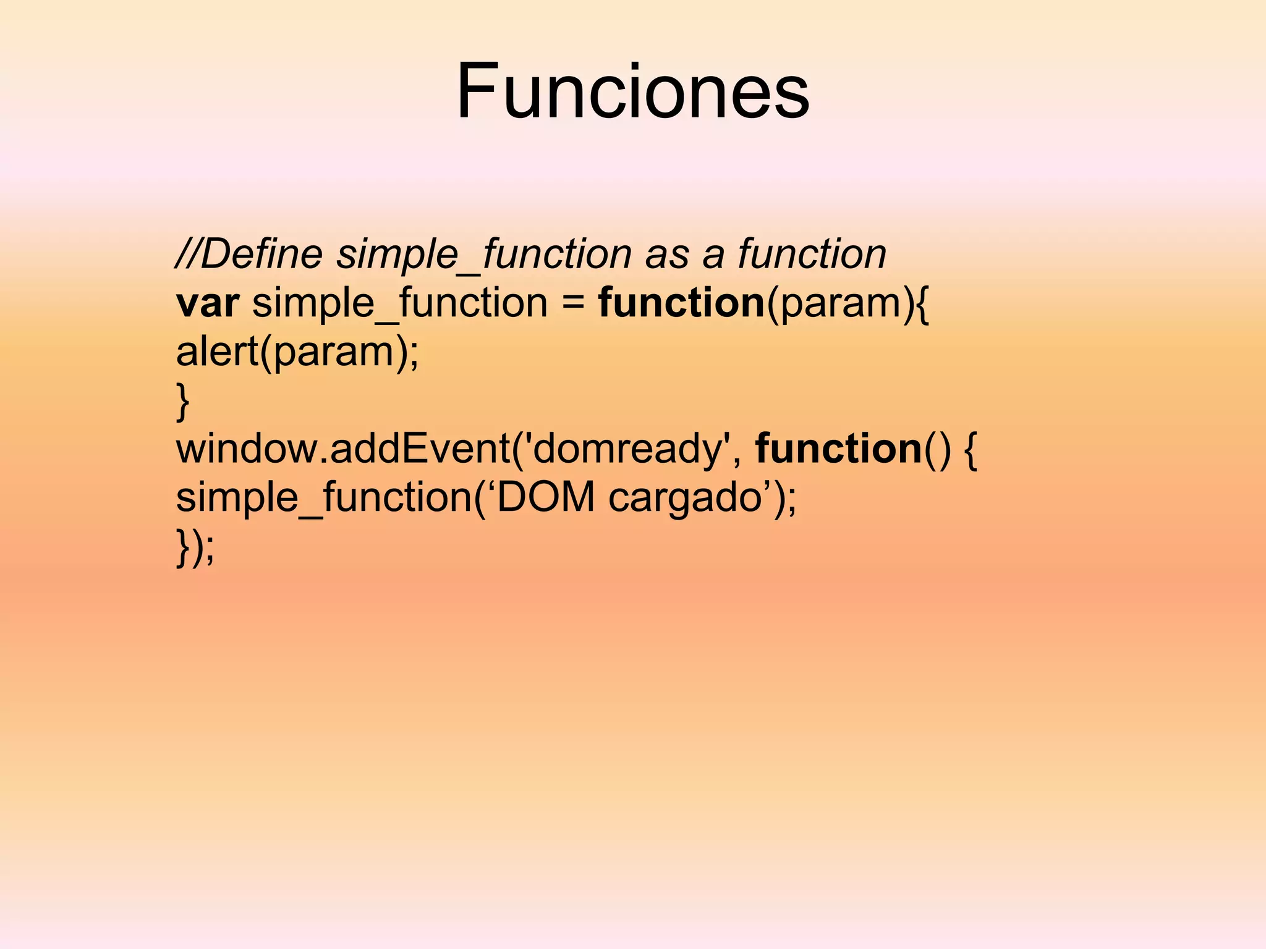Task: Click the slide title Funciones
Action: point(632,91)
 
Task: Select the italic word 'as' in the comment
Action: point(666,255)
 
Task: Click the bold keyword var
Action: point(207,303)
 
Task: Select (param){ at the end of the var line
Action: point(848,304)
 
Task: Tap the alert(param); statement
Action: point(297,352)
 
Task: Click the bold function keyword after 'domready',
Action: point(838,449)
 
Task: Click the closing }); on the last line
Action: point(195,546)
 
